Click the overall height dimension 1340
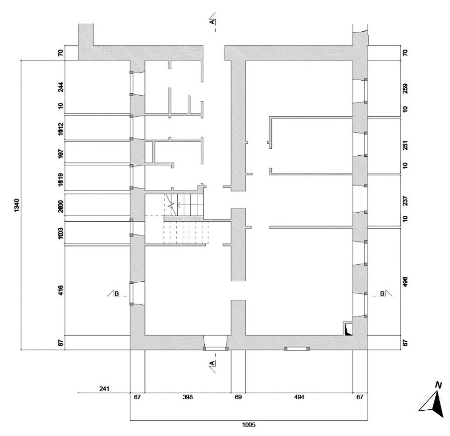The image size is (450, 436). [16, 204]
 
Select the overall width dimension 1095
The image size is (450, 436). [249, 424]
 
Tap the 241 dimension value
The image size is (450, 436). [105, 388]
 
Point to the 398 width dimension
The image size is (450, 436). [187, 398]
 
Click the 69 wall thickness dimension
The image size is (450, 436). [239, 398]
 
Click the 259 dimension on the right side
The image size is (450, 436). [405, 88]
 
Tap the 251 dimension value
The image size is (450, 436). [405, 145]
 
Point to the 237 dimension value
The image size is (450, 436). [405, 200]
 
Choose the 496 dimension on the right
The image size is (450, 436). [405, 281]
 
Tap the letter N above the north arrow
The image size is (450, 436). [438, 386]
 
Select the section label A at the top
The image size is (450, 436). [212, 22]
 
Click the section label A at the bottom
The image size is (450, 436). [212, 363]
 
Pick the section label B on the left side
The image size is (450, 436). [117, 293]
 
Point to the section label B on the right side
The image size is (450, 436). [382, 293]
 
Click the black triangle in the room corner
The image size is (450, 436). [348, 331]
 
